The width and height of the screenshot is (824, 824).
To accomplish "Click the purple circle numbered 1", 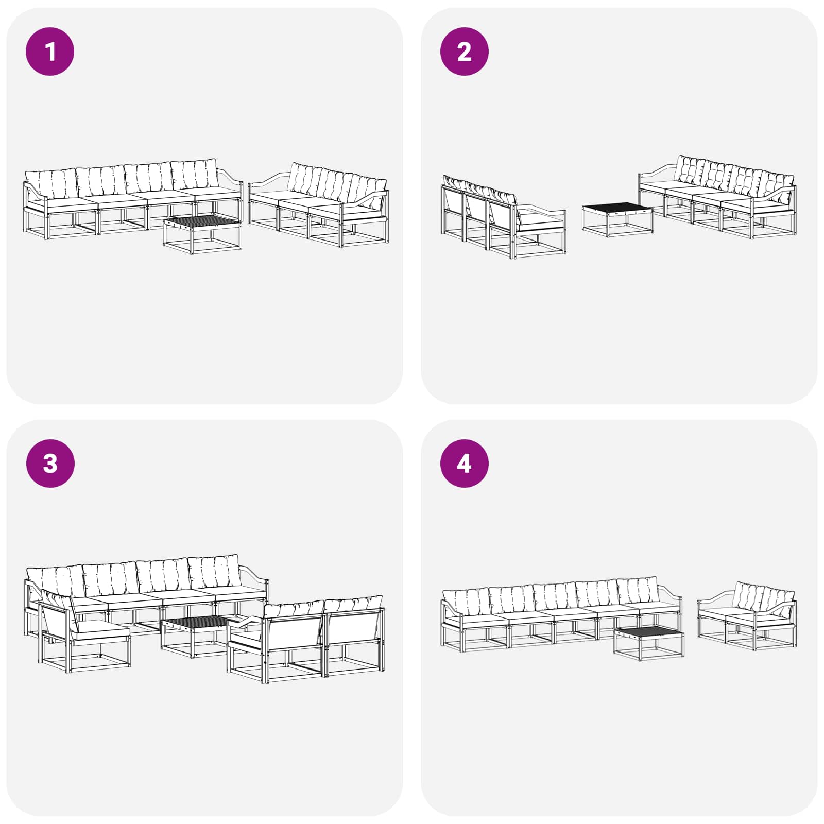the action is point(50,51).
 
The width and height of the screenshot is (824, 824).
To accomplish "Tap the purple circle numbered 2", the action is point(464,51).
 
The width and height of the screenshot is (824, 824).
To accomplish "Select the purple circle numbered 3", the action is point(50,463).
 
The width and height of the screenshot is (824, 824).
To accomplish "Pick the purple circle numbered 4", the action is point(464,463).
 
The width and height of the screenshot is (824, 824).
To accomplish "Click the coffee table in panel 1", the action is point(202,235).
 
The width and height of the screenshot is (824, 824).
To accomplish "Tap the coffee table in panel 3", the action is point(195,637).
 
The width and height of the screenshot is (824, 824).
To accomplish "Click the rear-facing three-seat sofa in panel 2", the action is point(503,216).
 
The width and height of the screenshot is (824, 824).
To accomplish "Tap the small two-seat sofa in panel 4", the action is point(747,615).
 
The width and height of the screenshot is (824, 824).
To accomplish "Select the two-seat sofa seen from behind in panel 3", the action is point(306,639).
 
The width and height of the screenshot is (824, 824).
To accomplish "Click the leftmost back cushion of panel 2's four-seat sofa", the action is point(690,170).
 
